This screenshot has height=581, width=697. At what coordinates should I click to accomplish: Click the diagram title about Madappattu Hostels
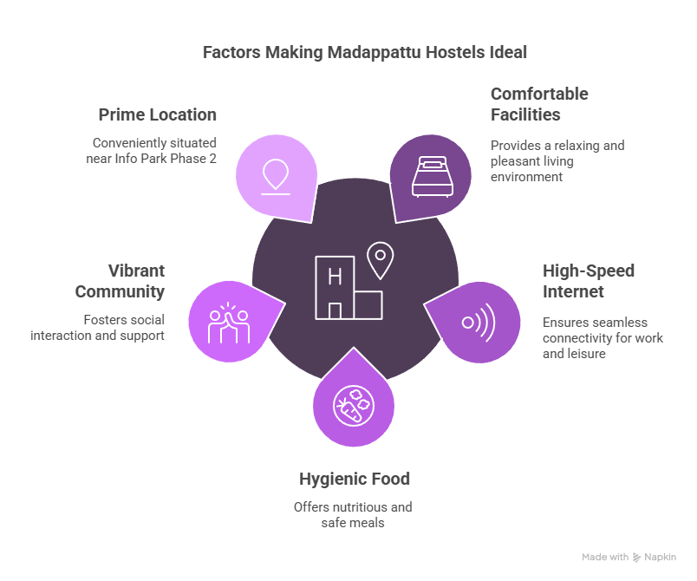[364, 52]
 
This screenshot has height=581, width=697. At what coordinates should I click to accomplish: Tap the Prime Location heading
[157, 114]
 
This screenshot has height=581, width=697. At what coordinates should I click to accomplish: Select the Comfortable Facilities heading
[539, 104]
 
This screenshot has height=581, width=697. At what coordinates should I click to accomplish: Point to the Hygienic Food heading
[355, 479]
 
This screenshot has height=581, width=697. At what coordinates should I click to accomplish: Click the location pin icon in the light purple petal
[276, 176]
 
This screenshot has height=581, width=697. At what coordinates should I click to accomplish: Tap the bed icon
[433, 176]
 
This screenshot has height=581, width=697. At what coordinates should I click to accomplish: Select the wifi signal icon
[478, 323]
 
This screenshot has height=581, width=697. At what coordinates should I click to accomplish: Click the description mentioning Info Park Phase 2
[155, 149]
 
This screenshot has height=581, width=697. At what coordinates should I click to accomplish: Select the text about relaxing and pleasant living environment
[557, 160]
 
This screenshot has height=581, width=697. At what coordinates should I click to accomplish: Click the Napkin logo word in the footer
[660, 558]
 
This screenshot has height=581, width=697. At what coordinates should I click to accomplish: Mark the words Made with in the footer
[605, 558]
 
